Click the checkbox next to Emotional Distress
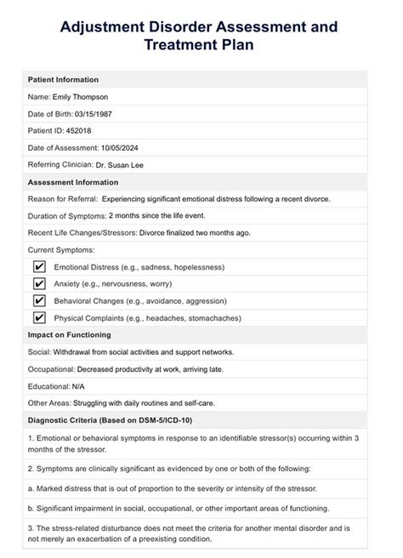pyautogui.click(x=38, y=266)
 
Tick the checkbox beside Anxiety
pyautogui.click(x=38, y=283)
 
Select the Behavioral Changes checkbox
pyautogui.click(x=38, y=300)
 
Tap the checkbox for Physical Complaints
pyautogui.click(x=38, y=317)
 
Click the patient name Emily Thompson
pyautogui.click(x=80, y=98)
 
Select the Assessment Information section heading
pyautogui.click(x=73, y=182)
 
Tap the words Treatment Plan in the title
pyautogui.click(x=201, y=48)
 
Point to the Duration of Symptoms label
pyautogui.click(x=66, y=215)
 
